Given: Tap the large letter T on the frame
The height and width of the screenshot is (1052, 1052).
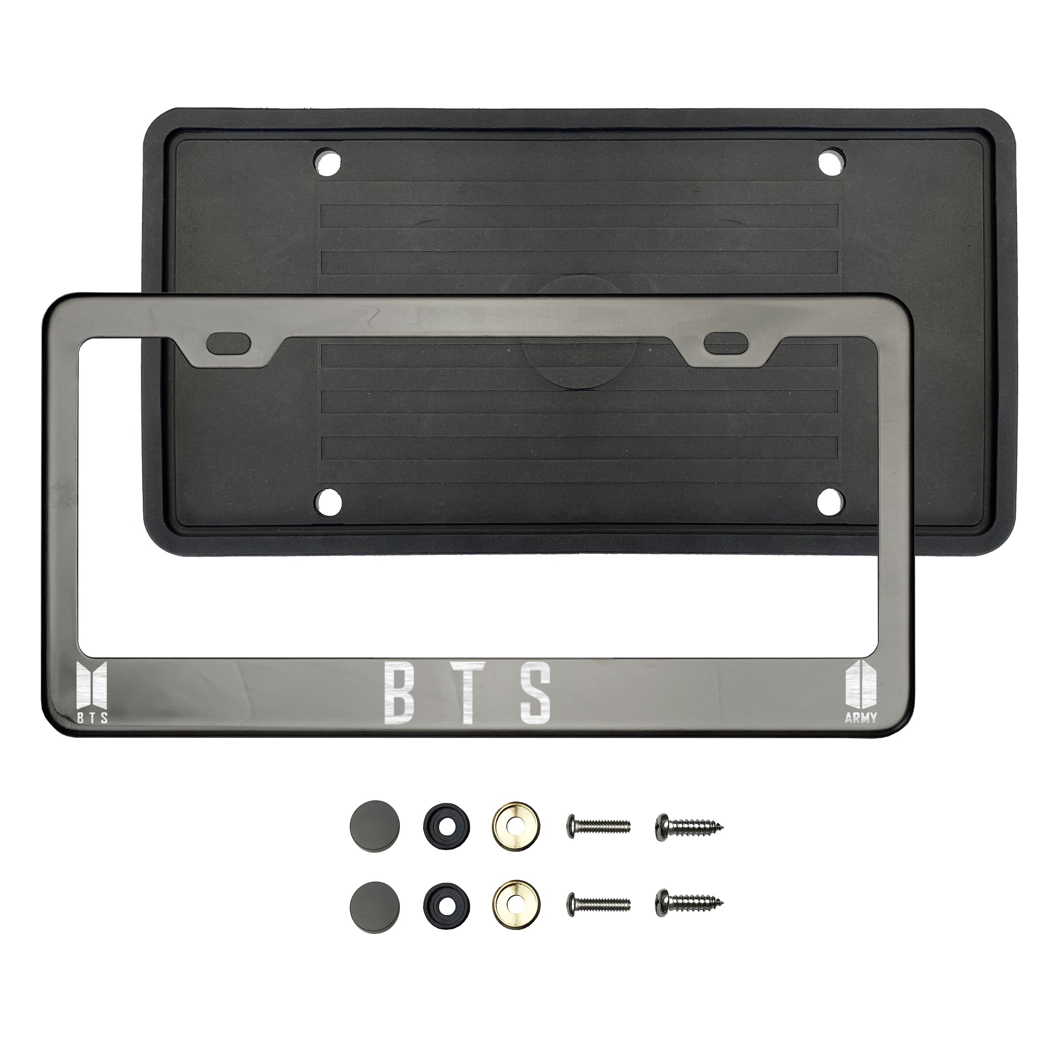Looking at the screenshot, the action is coord(468,693).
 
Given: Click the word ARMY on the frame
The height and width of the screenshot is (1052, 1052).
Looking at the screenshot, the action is coord(861,718).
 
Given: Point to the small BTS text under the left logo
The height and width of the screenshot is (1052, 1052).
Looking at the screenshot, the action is coord(92,718).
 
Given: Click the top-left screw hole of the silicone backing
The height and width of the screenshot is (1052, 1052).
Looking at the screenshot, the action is coord(328,163).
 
